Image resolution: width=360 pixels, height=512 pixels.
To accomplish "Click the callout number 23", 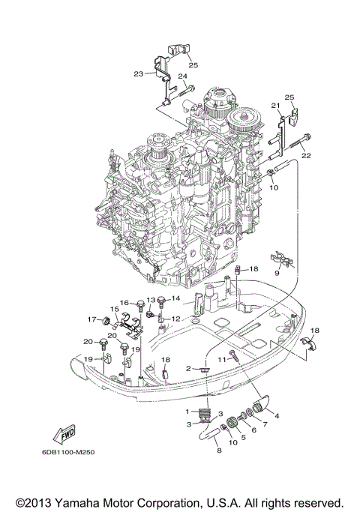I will point(138,73).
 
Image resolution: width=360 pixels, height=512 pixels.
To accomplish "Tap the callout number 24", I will point(182,76).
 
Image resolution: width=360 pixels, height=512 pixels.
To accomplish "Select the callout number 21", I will point(275,105).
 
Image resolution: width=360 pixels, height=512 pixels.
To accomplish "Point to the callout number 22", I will point(306,155).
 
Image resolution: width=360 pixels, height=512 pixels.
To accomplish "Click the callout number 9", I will point(277,274).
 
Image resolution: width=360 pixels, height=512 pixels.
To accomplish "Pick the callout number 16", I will point(126,302).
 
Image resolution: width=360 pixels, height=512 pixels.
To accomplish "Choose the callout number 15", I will point(115,309).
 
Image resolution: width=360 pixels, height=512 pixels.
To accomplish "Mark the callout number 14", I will point(176,299).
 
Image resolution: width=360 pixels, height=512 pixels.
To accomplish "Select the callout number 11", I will point(223,361).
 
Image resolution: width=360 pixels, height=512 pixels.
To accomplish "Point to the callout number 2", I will point(190,369).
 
